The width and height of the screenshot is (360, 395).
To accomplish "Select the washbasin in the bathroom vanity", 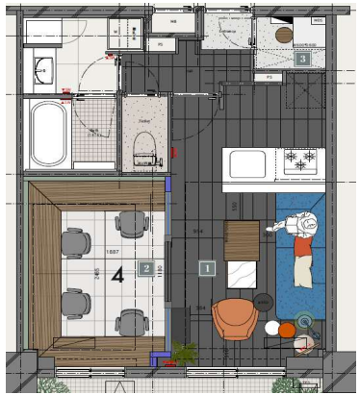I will point(42,71).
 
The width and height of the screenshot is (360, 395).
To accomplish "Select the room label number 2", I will point(145,268).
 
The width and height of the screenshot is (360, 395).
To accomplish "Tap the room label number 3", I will point(302,59).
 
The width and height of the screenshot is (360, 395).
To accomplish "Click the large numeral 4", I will point(117,276).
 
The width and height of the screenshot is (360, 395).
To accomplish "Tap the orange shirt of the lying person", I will point(303,247).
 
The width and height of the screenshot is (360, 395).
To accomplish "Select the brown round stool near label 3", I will point(284,34).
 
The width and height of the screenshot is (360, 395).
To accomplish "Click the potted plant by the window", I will point(184,352).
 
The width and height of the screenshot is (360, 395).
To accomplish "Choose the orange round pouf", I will point(271,329).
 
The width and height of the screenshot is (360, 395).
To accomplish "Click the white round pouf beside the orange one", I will point(288,330).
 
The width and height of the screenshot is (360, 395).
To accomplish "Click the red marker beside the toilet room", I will point(174,152).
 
